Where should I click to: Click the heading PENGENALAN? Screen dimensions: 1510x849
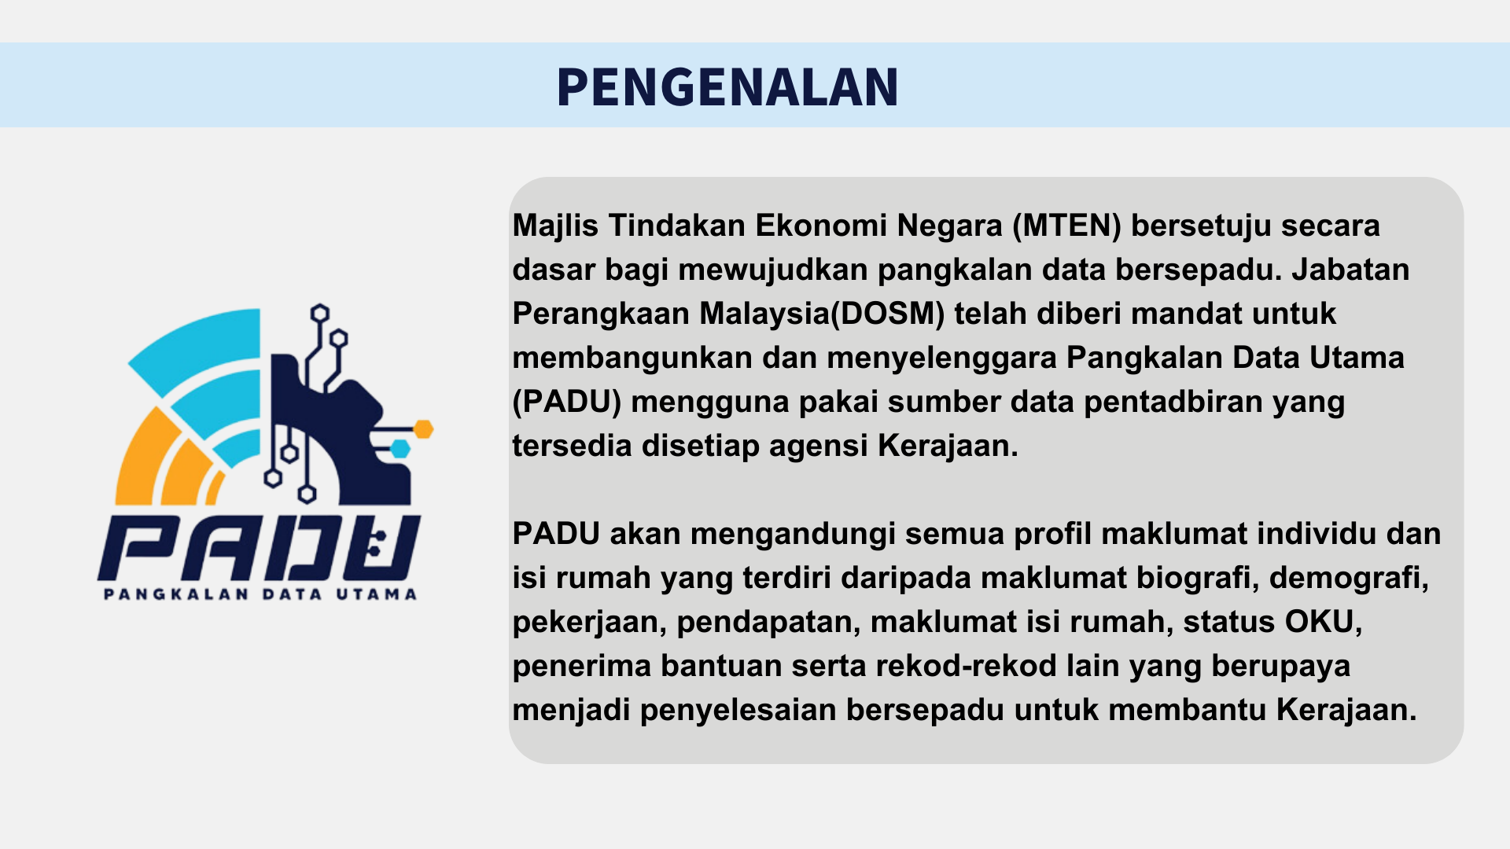727,86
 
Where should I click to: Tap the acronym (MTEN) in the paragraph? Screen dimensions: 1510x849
1066,226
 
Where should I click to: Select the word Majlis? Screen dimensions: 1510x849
555,226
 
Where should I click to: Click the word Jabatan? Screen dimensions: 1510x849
1350,270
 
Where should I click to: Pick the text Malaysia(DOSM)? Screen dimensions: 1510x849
822,314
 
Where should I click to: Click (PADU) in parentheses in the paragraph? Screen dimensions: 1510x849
567,402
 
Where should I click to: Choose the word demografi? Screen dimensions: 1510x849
1349,579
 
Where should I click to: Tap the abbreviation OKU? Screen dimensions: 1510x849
1320,622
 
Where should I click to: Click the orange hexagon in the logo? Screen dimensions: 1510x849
424,429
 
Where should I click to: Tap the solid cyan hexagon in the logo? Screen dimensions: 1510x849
401,449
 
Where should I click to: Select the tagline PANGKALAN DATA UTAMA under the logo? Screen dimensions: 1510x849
260,594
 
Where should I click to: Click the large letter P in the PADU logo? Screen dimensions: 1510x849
138,548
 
